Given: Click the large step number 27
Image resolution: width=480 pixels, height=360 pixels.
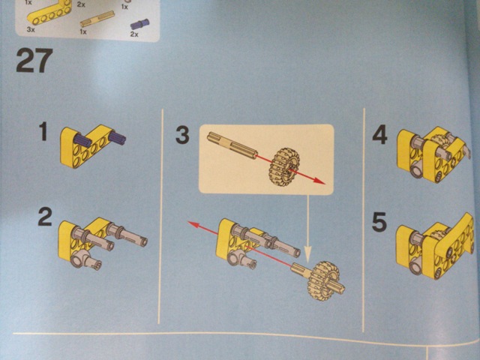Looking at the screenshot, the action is [34, 61].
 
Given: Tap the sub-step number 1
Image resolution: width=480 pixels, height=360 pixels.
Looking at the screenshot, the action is [43, 131].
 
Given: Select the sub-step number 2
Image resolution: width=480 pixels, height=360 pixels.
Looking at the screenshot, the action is [45, 217].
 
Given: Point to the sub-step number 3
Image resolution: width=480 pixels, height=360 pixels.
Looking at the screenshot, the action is [182, 135].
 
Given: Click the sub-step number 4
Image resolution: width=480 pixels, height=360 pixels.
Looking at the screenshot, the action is [380, 136].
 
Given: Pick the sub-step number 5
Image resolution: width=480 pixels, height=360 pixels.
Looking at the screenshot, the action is [379, 222].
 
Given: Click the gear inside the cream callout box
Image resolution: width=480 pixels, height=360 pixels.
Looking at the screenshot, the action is [283, 166].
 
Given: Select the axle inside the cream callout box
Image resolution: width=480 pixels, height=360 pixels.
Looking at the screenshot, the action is [232, 145].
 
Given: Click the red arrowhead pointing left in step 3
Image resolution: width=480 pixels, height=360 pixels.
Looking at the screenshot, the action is [193, 225].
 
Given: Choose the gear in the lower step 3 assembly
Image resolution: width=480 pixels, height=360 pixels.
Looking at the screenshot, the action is [324, 280].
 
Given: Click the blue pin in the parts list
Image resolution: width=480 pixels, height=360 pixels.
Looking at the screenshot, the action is [139, 24].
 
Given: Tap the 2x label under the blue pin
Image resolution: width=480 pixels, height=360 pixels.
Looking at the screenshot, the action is [134, 34].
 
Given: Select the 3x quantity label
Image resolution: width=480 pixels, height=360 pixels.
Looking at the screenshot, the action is [31, 30].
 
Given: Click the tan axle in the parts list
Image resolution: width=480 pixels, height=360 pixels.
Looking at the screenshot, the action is [97, 19].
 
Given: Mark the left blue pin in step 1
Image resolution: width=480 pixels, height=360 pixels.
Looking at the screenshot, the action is [82, 139].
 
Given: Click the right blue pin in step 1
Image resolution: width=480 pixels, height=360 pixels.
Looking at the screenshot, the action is [117, 137].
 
